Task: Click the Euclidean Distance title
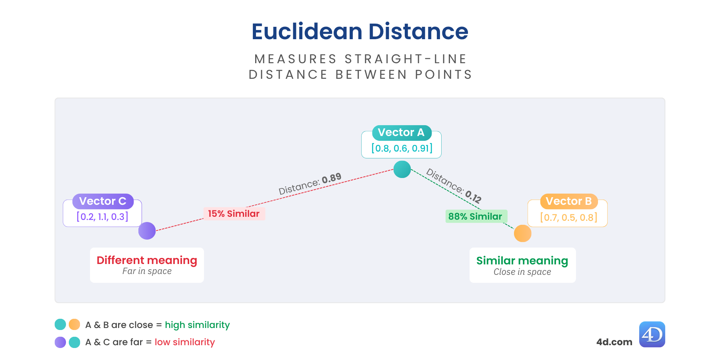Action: (x=360, y=32)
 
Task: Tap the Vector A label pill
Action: (x=401, y=132)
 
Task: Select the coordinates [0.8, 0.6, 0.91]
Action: (x=402, y=148)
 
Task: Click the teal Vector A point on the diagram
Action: (x=402, y=169)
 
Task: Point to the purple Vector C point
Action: (x=147, y=231)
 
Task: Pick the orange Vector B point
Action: (x=522, y=233)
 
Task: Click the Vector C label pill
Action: (x=103, y=201)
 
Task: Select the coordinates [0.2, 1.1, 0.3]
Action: (x=102, y=217)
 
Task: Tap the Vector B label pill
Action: (x=568, y=201)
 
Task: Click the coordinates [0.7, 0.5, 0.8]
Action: (x=568, y=218)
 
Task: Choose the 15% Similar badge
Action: (x=234, y=214)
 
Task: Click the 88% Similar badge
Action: (x=475, y=216)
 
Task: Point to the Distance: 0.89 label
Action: (x=310, y=184)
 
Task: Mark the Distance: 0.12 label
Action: (x=454, y=186)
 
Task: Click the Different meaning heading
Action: (x=147, y=260)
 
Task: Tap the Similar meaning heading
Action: (x=522, y=261)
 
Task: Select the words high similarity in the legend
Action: (x=197, y=325)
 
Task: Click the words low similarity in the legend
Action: (x=185, y=342)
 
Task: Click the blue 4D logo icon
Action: (x=652, y=334)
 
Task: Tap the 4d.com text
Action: (x=614, y=342)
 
